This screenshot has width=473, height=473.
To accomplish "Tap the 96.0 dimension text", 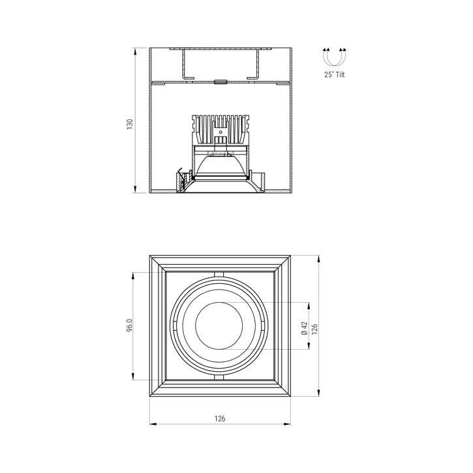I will pyautogui.click(x=130, y=325).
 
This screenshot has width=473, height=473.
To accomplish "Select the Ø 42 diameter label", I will pyautogui.click(x=304, y=328).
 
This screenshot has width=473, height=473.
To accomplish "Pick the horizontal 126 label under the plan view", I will pyautogui.click(x=220, y=418).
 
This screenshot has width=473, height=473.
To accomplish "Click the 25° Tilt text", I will pyautogui.click(x=334, y=75).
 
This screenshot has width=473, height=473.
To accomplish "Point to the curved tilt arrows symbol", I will pyautogui.click(x=334, y=57).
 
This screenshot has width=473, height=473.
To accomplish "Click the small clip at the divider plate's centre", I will pyautogui.click(x=220, y=82).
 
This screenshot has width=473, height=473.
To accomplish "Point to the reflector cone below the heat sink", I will pyautogui.click(x=221, y=166).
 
